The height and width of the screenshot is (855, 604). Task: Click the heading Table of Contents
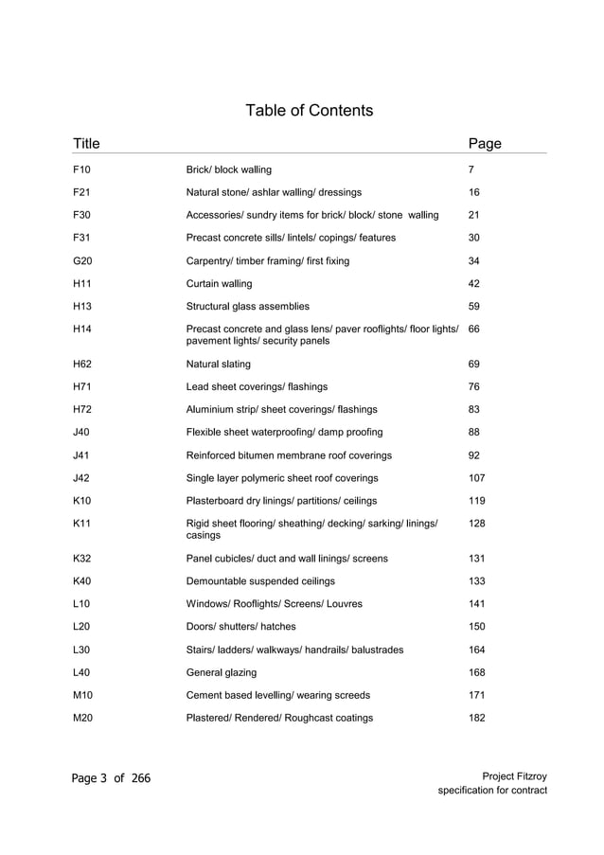pos(309,111)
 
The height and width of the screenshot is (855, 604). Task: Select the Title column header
pos(86,144)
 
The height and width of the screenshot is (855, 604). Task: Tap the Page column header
pos(485,144)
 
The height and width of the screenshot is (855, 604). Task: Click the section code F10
pos(81,169)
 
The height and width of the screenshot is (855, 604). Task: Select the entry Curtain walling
pos(219,283)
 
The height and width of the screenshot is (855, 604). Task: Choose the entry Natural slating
pos(219,364)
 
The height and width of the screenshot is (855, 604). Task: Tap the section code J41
pos(81,454)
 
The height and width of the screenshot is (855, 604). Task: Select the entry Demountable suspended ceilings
pos(260,580)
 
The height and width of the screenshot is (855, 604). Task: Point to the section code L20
pos(81,626)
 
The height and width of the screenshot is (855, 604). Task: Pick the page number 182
pos(477,718)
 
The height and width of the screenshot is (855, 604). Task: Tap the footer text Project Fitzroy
pos(514,776)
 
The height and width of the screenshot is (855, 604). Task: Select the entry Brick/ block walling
pos(228,169)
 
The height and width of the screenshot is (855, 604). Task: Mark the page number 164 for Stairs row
pos(477,650)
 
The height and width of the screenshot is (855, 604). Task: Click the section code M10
pos(82,695)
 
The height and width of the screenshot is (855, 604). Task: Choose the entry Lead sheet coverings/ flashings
pos(257,386)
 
